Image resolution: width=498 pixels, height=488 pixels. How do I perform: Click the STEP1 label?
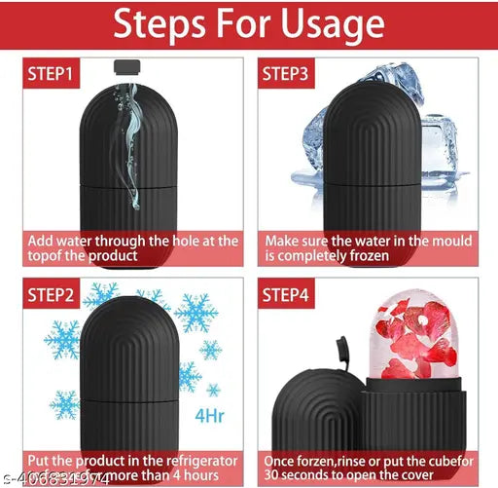(x=53, y=74)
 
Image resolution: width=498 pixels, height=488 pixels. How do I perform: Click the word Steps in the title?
(x=160, y=25)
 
